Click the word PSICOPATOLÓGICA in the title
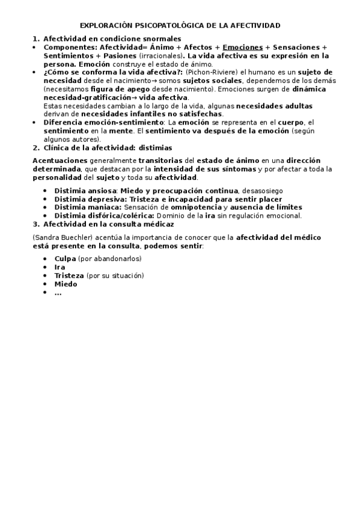click(159, 26)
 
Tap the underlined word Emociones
click(243, 47)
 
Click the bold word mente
click(120, 131)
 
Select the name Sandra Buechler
click(59, 238)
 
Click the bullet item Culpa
click(66, 259)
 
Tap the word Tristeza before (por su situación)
click(69, 275)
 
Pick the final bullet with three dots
click(58, 293)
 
